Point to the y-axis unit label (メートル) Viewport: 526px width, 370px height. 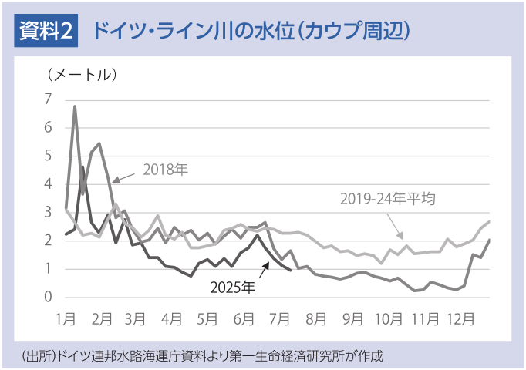tap(81, 75)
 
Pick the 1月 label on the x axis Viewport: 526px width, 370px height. tap(67, 317)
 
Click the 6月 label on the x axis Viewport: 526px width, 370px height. tap(244, 317)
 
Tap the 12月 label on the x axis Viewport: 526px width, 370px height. tap(460, 317)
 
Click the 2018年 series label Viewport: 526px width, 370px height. tap(165, 168)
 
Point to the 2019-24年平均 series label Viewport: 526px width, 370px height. tap(388, 199)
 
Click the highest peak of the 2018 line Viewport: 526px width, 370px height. tap(75, 106)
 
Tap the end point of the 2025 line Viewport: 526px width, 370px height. tap(290, 270)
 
